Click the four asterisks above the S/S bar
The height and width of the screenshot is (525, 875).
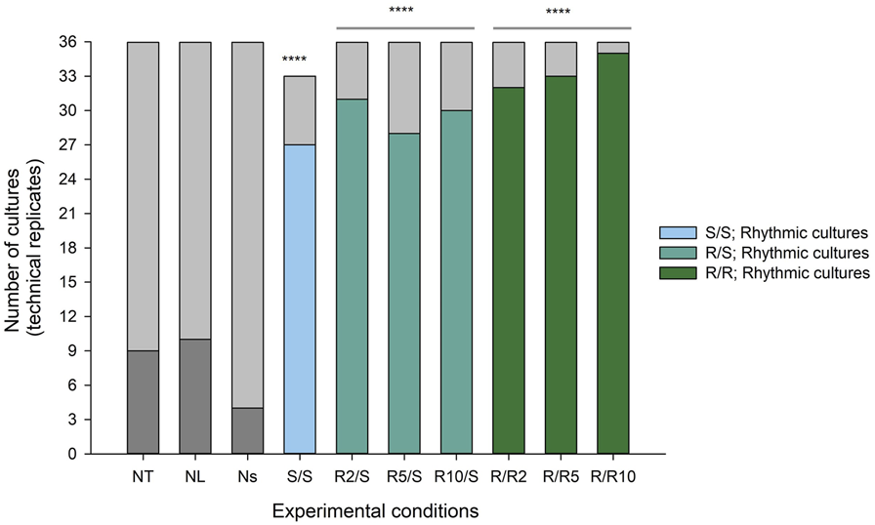(294, 61)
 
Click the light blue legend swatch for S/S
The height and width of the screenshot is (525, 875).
(672, 232)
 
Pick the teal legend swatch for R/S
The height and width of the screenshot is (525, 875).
(672, 253)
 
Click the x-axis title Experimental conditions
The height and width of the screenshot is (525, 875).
(375, 510)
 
